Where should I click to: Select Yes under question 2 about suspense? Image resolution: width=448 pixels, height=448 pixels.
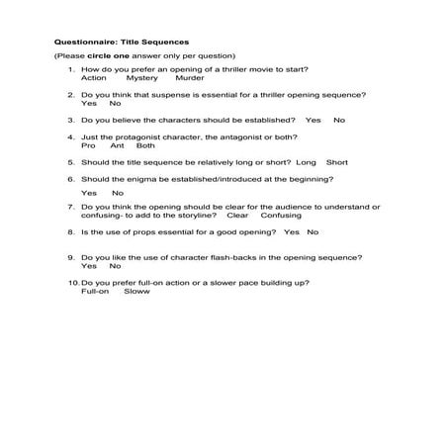88,103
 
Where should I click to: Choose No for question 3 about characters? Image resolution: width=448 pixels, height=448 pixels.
339,120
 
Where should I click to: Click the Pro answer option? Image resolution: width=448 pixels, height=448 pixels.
88,144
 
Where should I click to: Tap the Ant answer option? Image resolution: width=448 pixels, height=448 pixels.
118,144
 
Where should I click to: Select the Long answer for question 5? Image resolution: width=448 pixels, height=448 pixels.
306,161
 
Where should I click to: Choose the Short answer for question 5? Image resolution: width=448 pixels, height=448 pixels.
337,161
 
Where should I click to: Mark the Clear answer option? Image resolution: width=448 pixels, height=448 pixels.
237,215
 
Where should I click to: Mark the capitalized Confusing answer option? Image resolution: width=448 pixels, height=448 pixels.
281,215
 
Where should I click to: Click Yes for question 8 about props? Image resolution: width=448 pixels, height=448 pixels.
291,231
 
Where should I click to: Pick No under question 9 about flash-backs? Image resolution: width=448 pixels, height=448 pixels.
115,266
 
